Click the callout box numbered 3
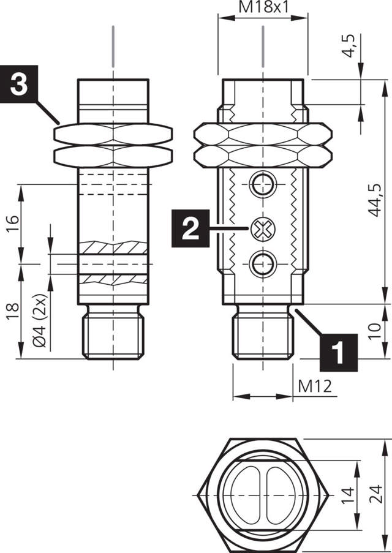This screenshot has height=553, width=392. click(19, 85)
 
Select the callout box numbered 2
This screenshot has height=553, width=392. click(190, 228)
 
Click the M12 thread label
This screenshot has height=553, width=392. click(315, 386)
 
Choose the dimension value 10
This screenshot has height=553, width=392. click(375, 331)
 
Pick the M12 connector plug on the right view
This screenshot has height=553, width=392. click(263, 336)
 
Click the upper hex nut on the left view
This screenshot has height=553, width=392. click(113, 133)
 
